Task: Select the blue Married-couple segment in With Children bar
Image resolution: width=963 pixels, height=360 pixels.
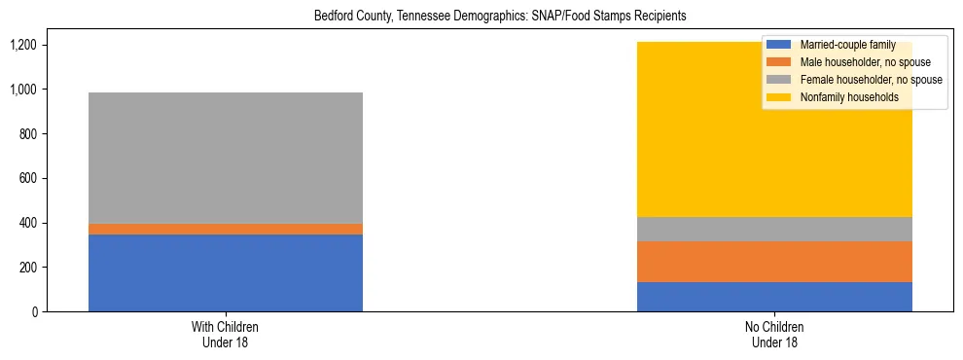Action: point(226,272)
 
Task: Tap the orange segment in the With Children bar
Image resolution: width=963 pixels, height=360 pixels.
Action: point(226,229)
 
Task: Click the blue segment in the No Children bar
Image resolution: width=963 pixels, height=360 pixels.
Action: point(774,297)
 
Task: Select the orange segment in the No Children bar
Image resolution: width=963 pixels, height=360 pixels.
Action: point(774,262)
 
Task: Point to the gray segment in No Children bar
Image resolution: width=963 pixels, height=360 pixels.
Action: point(774,229)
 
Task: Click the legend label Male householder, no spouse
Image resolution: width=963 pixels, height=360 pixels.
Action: point(865,62)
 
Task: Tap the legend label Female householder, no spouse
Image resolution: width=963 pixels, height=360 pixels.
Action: point(870,80)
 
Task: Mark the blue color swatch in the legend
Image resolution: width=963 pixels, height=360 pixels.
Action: point(779,45)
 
